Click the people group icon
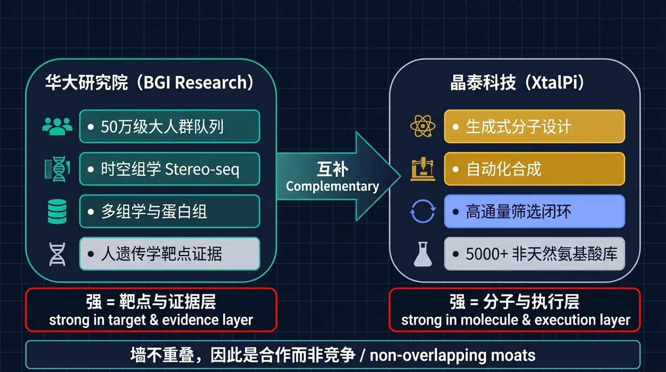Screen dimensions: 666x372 coord(57,127)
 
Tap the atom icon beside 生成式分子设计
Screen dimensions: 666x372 coord(422,126)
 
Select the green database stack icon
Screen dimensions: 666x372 coord(57,212)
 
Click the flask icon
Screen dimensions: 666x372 coord(422,254)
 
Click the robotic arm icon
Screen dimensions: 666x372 coord(422,169)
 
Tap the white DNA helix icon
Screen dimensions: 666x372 coord(57,254)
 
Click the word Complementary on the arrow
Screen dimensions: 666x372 coord(332,187)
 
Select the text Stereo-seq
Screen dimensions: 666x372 coord(202,169)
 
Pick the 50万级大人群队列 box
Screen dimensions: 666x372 coord(170,127)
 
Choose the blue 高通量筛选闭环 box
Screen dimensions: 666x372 coord(534,212)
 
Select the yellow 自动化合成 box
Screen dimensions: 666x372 coord(534,169)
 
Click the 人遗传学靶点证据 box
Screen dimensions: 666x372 coord(170,254)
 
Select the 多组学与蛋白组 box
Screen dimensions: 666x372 coord(170,212)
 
